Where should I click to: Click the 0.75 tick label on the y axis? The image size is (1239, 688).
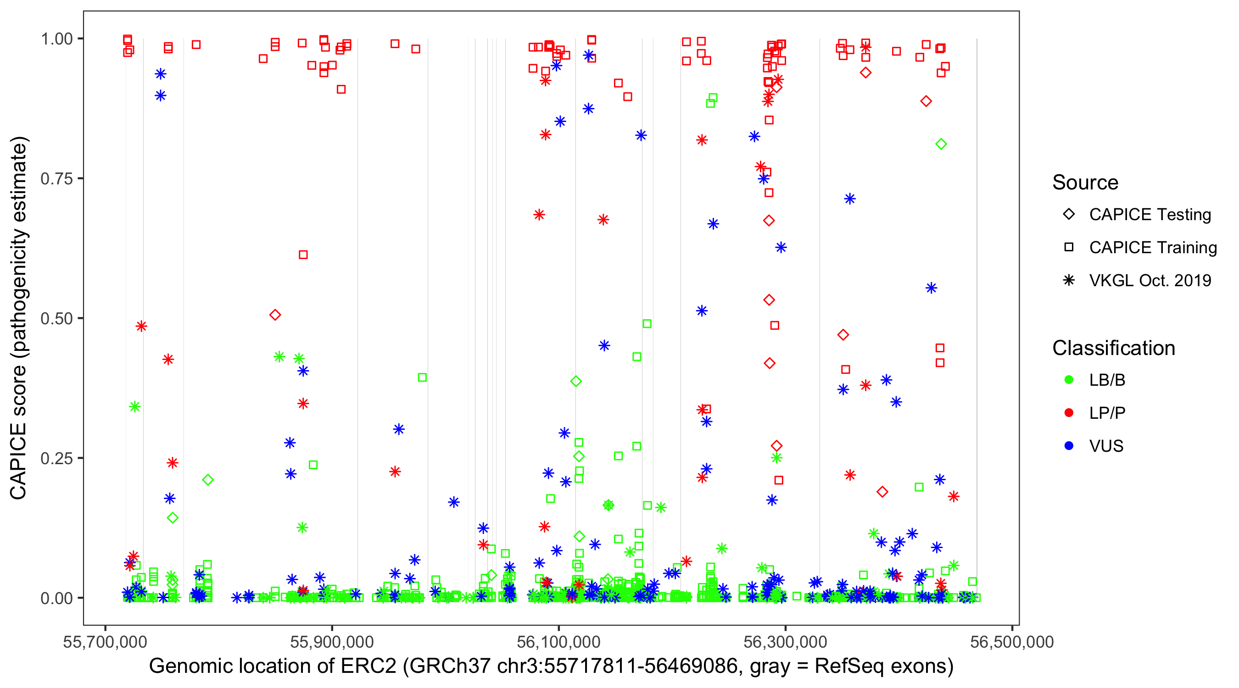pyautogui.click(x=56, y=179)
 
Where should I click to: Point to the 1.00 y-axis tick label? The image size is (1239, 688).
pyautogui.click(x=56, y=39)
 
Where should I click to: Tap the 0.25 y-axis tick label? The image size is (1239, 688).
pyautogui.click(x=56, y=458)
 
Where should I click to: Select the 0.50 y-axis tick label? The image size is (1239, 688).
pyautogui.click(x=56, y=318)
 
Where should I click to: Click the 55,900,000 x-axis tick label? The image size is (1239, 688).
pyautogui.click(x=332, y=642)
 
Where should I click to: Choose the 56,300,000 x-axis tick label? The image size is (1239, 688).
pyautogui.click(x=786, y=642)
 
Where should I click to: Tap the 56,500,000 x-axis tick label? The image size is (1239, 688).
pyautogui.click(x=1012, y=642)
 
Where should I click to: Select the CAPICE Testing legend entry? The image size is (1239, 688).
pyautogui.click(x=1150, y=215)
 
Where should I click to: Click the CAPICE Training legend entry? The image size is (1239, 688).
pyautogui.click(x=1152, y=248)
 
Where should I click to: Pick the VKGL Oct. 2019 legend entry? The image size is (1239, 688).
pyautogui.click(x=1150, y=280)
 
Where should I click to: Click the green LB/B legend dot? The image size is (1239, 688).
pyautogui.click(x=1069, y=380)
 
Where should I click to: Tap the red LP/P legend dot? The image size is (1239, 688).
pyautogui.click(x=1069, y=413)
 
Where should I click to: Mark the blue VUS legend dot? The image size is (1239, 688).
pyautogui.click(x=1069, y=446)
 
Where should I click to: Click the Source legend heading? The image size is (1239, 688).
pyautogui.click(x=1085, y=183)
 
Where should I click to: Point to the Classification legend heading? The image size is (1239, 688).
pyautogui.click(x=1113, y=348)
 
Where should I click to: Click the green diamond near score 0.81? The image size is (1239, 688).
pyautogui.click(x=941, y=144)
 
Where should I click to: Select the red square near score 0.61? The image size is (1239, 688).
pyautogui.click(x=303, y=255)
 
